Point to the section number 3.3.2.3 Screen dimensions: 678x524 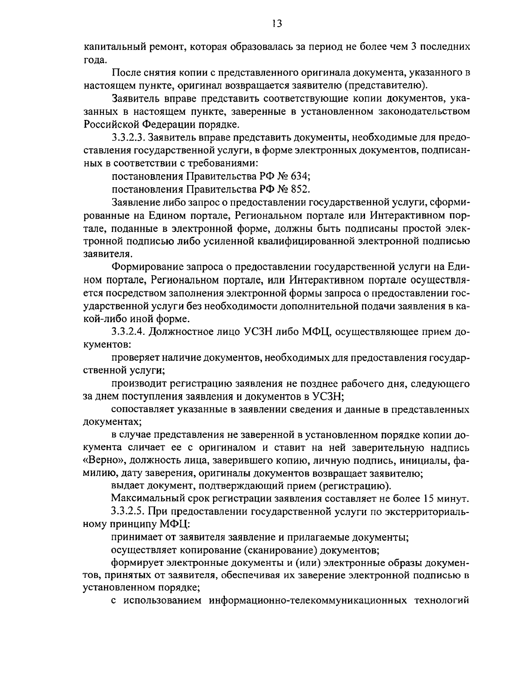pyautogui.click(x=128, y=138)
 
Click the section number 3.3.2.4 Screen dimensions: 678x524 pyautogui.click(x=128, y=333)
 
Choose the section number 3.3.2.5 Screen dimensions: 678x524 pyautogui.click(x=128, y=511)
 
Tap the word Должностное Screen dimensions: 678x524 pyautogui.click(x=194, y=333)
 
